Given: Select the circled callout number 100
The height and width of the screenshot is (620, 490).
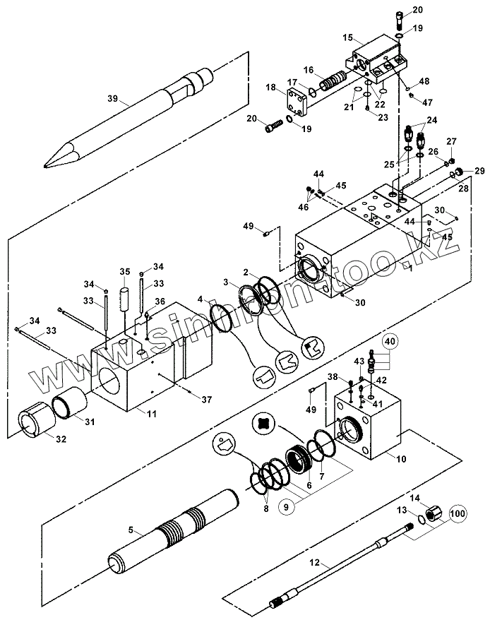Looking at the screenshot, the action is [458, 513].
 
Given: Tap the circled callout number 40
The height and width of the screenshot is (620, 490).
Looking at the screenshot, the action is [390, 341].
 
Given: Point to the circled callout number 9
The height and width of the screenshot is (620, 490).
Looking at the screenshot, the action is [287, 506].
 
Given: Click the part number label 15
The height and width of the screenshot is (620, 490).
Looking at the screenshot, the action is [347, 37].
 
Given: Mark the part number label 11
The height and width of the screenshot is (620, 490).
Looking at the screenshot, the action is [152, 414].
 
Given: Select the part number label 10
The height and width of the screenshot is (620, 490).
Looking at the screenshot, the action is [401, 459].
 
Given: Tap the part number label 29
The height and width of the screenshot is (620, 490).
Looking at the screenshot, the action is [479, 171].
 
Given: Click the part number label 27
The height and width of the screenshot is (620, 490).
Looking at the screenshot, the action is [451, 141].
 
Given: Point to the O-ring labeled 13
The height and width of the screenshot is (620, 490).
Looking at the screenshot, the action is [422, 518].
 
